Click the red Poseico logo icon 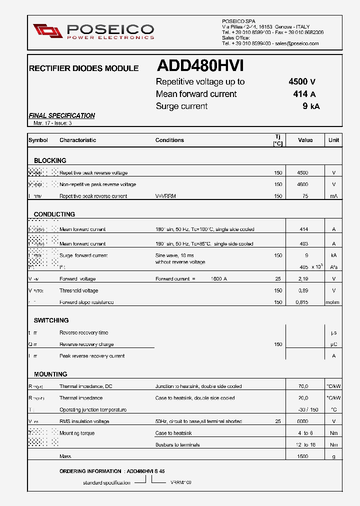click(x=48, y=30)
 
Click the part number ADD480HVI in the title click(x=200, y=66)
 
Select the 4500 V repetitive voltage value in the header click(x=301, y=82)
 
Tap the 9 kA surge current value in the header click(x=310, y=106)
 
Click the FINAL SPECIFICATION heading click(x=61, y=115)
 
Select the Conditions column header click(x=169, y=140)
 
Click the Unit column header click(x=333, y=140)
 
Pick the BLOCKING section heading click(x=50, y=160)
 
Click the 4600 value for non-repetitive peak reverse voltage click(x=302, y=184)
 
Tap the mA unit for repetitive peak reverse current click(x=333, y=196)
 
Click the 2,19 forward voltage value click(x=302, y=279)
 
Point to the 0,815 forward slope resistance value click(x=302, y=302)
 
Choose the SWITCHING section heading click(x=51, y=320)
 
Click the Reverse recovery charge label click(x=86, y=344)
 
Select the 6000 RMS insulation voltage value click(x=302, y=421)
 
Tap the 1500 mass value click(x=302, y=456)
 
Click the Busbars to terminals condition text click(x=177, y=444)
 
